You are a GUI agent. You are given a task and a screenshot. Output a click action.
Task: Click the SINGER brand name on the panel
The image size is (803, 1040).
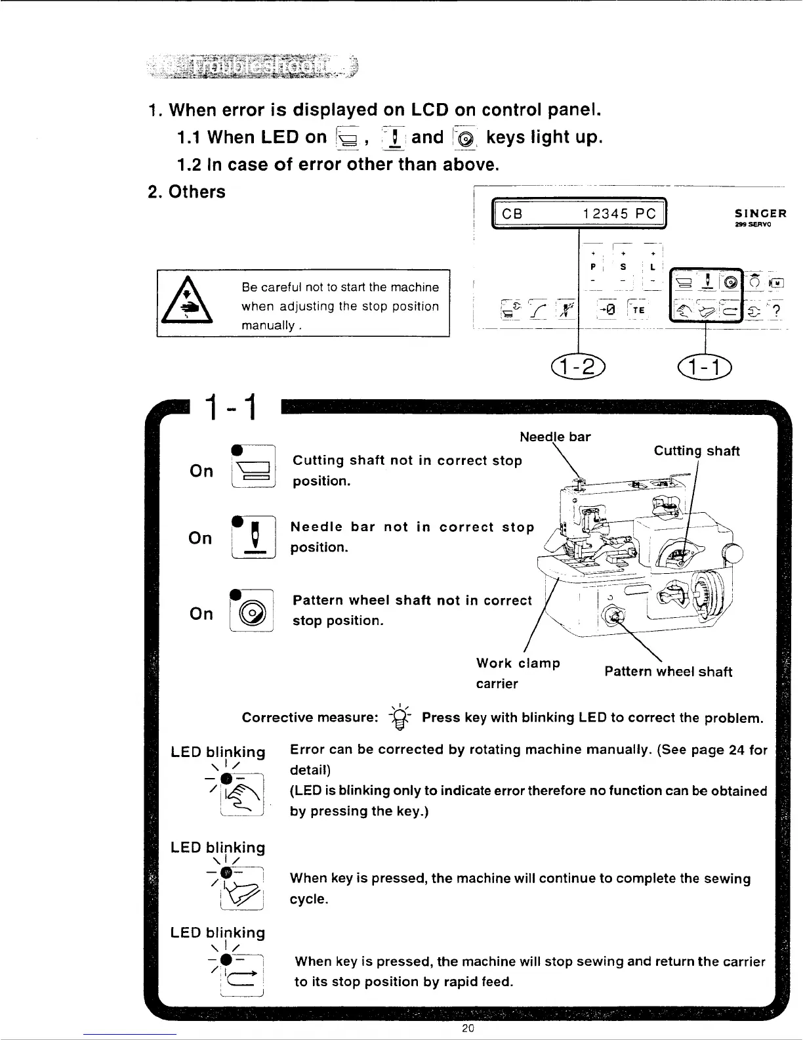[760, 213]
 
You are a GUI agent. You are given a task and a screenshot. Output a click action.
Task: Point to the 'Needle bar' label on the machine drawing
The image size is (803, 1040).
[555, 437]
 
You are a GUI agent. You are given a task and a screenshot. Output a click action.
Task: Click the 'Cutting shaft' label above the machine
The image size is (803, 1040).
[697, 451]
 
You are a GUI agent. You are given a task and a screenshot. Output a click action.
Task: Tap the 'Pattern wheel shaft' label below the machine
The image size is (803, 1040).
[668, 672]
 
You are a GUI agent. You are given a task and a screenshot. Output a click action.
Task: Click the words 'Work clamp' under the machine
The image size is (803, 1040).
[518, 663]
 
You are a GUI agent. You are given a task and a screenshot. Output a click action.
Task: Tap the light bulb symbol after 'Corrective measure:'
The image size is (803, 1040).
[400, 718]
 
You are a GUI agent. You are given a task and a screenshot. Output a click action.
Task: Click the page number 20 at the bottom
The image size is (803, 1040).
[468, 1028]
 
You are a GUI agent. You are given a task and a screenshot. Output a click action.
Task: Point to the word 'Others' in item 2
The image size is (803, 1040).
[197, 192]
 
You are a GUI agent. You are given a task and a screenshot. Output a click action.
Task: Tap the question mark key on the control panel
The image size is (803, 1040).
[777, 313]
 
